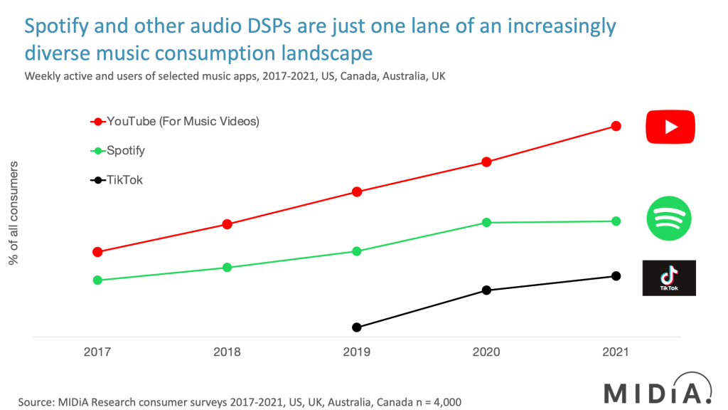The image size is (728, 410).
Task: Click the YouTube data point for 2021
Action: pos(616,126)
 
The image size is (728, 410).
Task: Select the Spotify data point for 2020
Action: pos(486,222)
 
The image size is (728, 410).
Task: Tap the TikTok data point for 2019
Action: pos(357,327)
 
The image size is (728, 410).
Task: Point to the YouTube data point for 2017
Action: pos(97,252)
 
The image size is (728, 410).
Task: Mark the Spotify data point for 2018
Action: pos(227,268)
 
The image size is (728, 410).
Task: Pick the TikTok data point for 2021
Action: pos(616,276)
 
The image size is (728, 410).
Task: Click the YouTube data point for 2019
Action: pos(357,191)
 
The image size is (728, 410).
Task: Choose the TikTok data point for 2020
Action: pos(486,290)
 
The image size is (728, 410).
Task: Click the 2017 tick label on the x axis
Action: pos(97,352)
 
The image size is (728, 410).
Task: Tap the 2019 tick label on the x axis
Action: pos(357,352)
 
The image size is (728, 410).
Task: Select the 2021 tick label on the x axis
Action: pos(616,352)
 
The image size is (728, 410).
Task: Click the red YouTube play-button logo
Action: pos(670,127)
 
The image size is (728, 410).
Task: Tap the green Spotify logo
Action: pos(668,219)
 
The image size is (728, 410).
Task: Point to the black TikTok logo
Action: pos(669,278)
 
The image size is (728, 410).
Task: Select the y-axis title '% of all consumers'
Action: pos(14,214)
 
